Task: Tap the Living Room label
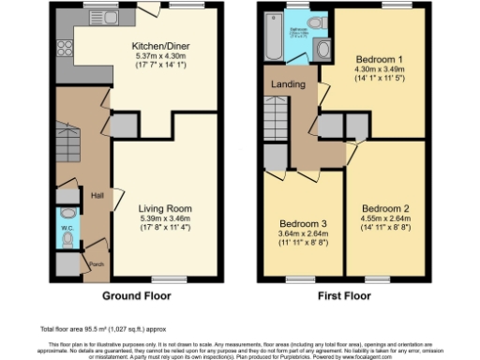tap(166, 208)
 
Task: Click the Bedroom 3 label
tap(302, 224)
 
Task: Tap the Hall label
tap(97, 195)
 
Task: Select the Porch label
tap(96, 263)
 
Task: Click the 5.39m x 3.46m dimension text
tap(166, 217)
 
